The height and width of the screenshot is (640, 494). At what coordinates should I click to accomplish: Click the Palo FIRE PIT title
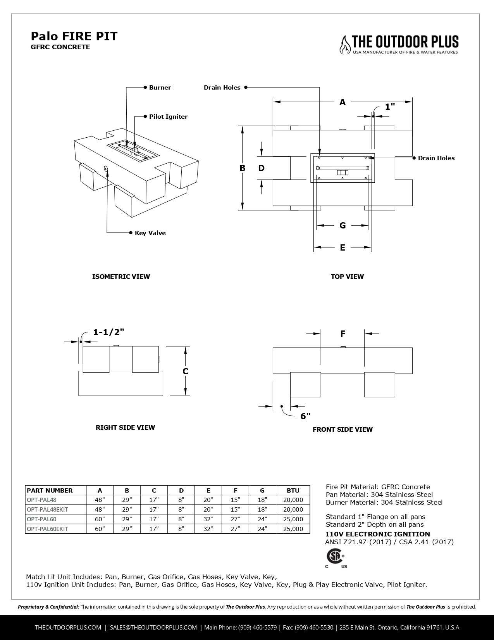pyautogui.click(x=74, y=36)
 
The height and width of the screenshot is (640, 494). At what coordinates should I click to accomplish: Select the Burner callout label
pyautogui.click(x=160, y=88)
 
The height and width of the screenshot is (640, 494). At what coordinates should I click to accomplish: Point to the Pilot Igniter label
pyautogui.click(x=168, y=117)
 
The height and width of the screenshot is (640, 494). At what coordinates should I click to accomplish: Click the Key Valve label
pyautogui.click(x=150, y=233)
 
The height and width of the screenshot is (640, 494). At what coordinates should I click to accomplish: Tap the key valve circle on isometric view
pyautogui.click(x=106, y=168)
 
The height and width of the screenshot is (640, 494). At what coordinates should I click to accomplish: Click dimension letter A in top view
pyautogui.click(x=343, y=102)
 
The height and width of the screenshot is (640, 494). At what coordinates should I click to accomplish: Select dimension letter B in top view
pyautogui.click(x=243, y=168)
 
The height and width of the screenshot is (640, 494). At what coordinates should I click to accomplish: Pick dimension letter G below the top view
pyautogui.click(x=343, y=225)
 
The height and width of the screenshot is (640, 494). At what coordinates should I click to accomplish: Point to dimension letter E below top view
pyautogui.click(x=343, y=247)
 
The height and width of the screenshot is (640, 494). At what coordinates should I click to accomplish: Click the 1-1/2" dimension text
pyautogui.click(x=108, y=332)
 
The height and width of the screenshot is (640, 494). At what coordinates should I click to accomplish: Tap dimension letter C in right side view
pyautogui.click(x=186, y=371)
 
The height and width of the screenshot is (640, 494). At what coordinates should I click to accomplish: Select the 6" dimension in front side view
pyautogui.click(x=305, y=416)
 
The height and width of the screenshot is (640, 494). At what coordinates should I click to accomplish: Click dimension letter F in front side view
pyautogui.click(x=343, y=334)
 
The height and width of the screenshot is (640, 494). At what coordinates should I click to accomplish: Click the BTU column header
pyautogui.click(x=293, y=490)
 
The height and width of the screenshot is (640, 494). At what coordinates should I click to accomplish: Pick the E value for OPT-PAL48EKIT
pyautogui.click(x=208, y=509)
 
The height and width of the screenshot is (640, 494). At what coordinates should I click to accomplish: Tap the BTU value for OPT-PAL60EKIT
pyautogui.click(x=293, y=529)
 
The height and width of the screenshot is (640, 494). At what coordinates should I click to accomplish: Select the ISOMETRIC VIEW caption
pyautogui.click(x=121, y=277)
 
